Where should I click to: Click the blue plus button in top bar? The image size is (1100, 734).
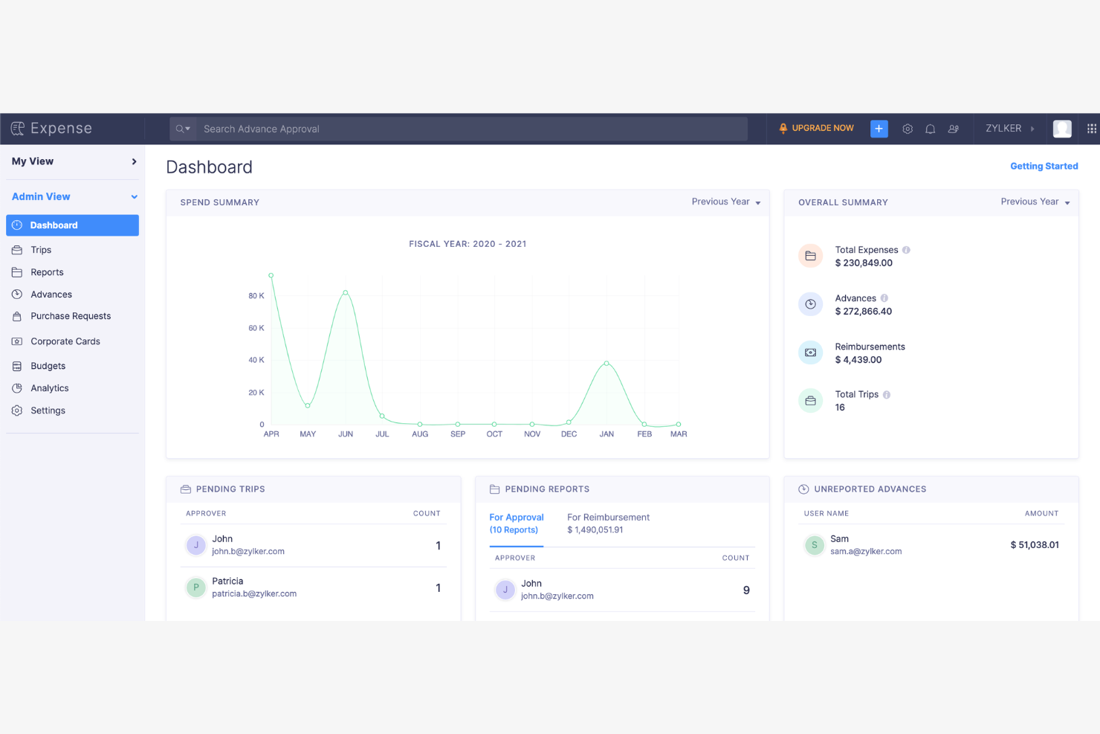[x=879, y=129]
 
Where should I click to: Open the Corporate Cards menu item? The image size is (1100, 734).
[x=65, y=341]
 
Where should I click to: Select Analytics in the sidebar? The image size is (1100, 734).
[x=49, y=388]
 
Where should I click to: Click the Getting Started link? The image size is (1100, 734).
[x=1044, y=167]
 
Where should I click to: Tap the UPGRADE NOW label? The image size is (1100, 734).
[x=822, y=129]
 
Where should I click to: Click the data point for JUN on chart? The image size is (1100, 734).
[x=345, y=293]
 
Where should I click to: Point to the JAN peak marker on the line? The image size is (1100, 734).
[x=606, y=364]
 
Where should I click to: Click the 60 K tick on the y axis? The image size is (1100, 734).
[x=256, y=328]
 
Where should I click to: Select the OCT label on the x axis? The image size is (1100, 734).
[x=494, y=434]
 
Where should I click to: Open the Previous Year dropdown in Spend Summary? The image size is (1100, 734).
[x=725, y=202]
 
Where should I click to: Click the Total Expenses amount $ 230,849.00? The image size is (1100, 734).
[x=864, y=263]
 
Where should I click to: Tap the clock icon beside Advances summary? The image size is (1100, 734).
[x=810, y=304]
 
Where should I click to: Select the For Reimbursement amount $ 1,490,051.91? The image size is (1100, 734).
[x=595, y=530]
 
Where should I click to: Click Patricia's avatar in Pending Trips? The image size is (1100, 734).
[x=195, y=587]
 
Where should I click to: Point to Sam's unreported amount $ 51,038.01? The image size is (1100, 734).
[x=1034, y=545]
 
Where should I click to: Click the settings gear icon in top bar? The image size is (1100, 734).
[x=907, y=129]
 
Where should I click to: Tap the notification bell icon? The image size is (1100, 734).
[x=930, y=129]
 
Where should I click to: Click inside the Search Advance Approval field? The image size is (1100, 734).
[x=468, y=129]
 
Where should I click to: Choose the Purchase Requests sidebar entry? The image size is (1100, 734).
[x=71, y=316]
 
